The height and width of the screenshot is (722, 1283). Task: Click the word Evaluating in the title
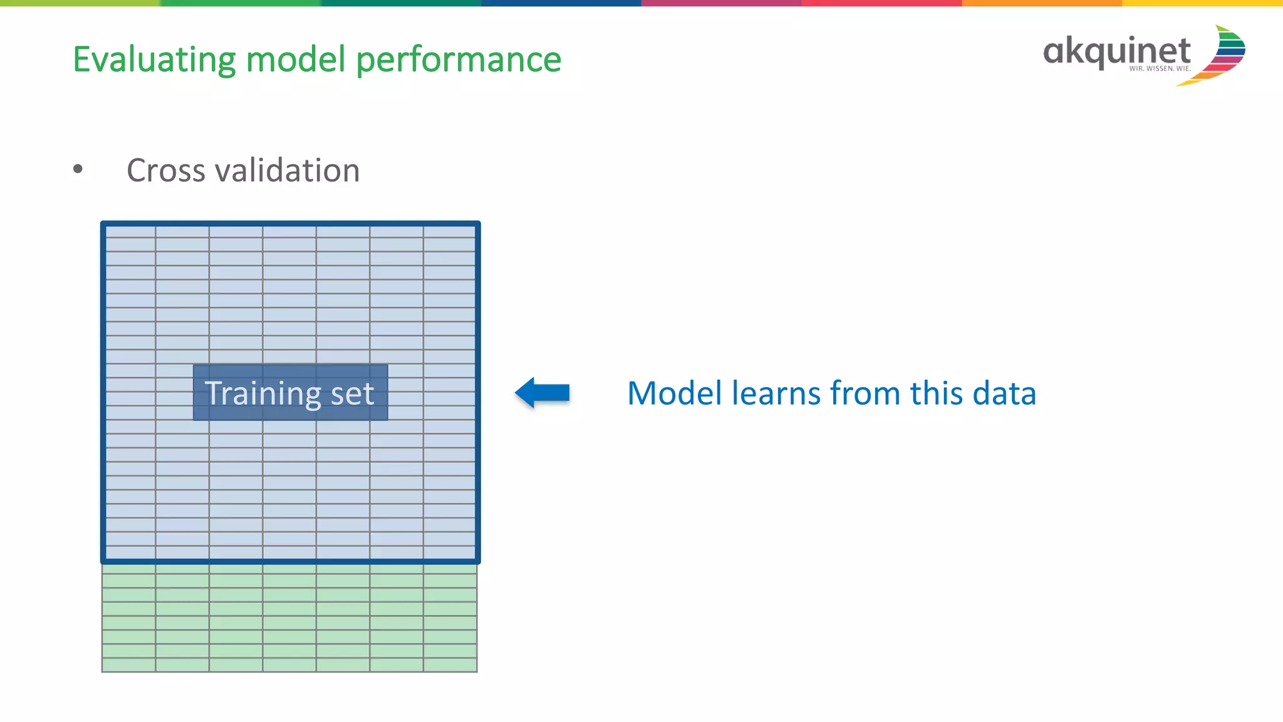point(153,60)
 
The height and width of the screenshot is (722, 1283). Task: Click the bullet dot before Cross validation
point(78,169)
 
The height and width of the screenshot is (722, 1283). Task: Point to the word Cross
point(165,170)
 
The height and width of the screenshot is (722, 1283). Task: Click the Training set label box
point(290,393)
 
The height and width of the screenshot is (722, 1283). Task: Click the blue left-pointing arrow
point(543,393)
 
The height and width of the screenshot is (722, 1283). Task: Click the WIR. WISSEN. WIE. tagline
point(1160,69)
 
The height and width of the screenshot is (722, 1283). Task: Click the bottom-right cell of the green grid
point(450,665)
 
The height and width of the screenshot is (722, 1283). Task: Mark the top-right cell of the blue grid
point(449,232)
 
